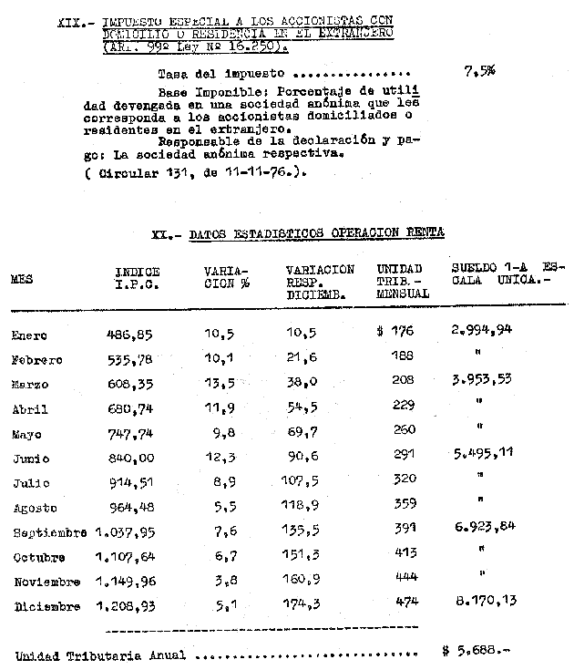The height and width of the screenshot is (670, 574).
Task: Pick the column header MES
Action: coord(22,280)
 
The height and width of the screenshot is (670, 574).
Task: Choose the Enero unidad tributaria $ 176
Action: coord(395,331)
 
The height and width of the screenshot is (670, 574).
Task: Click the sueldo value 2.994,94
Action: coord(482,330)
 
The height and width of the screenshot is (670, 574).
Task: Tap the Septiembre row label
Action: coord(48,532)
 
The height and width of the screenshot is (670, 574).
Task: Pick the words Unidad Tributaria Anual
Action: coord(100,655)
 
